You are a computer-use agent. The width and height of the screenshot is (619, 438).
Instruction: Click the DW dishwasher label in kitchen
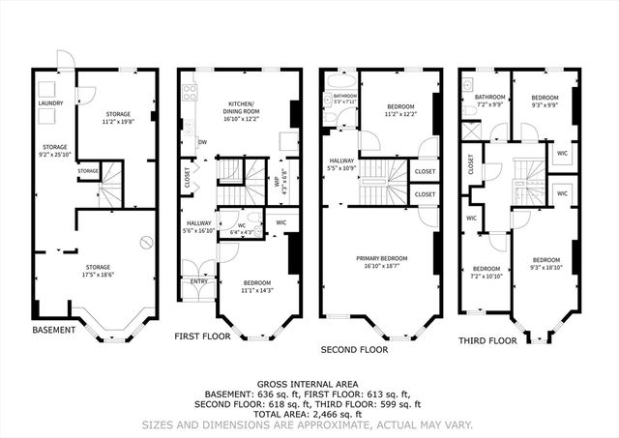click(202, 141)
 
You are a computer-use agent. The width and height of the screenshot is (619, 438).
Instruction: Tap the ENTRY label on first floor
click(198, 282)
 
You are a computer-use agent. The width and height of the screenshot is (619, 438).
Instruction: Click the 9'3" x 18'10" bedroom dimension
click(546, 267)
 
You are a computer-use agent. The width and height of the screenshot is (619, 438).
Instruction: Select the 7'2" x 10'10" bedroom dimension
click(486, 276)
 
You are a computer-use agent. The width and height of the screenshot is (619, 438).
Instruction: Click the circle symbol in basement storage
click(147, 243)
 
